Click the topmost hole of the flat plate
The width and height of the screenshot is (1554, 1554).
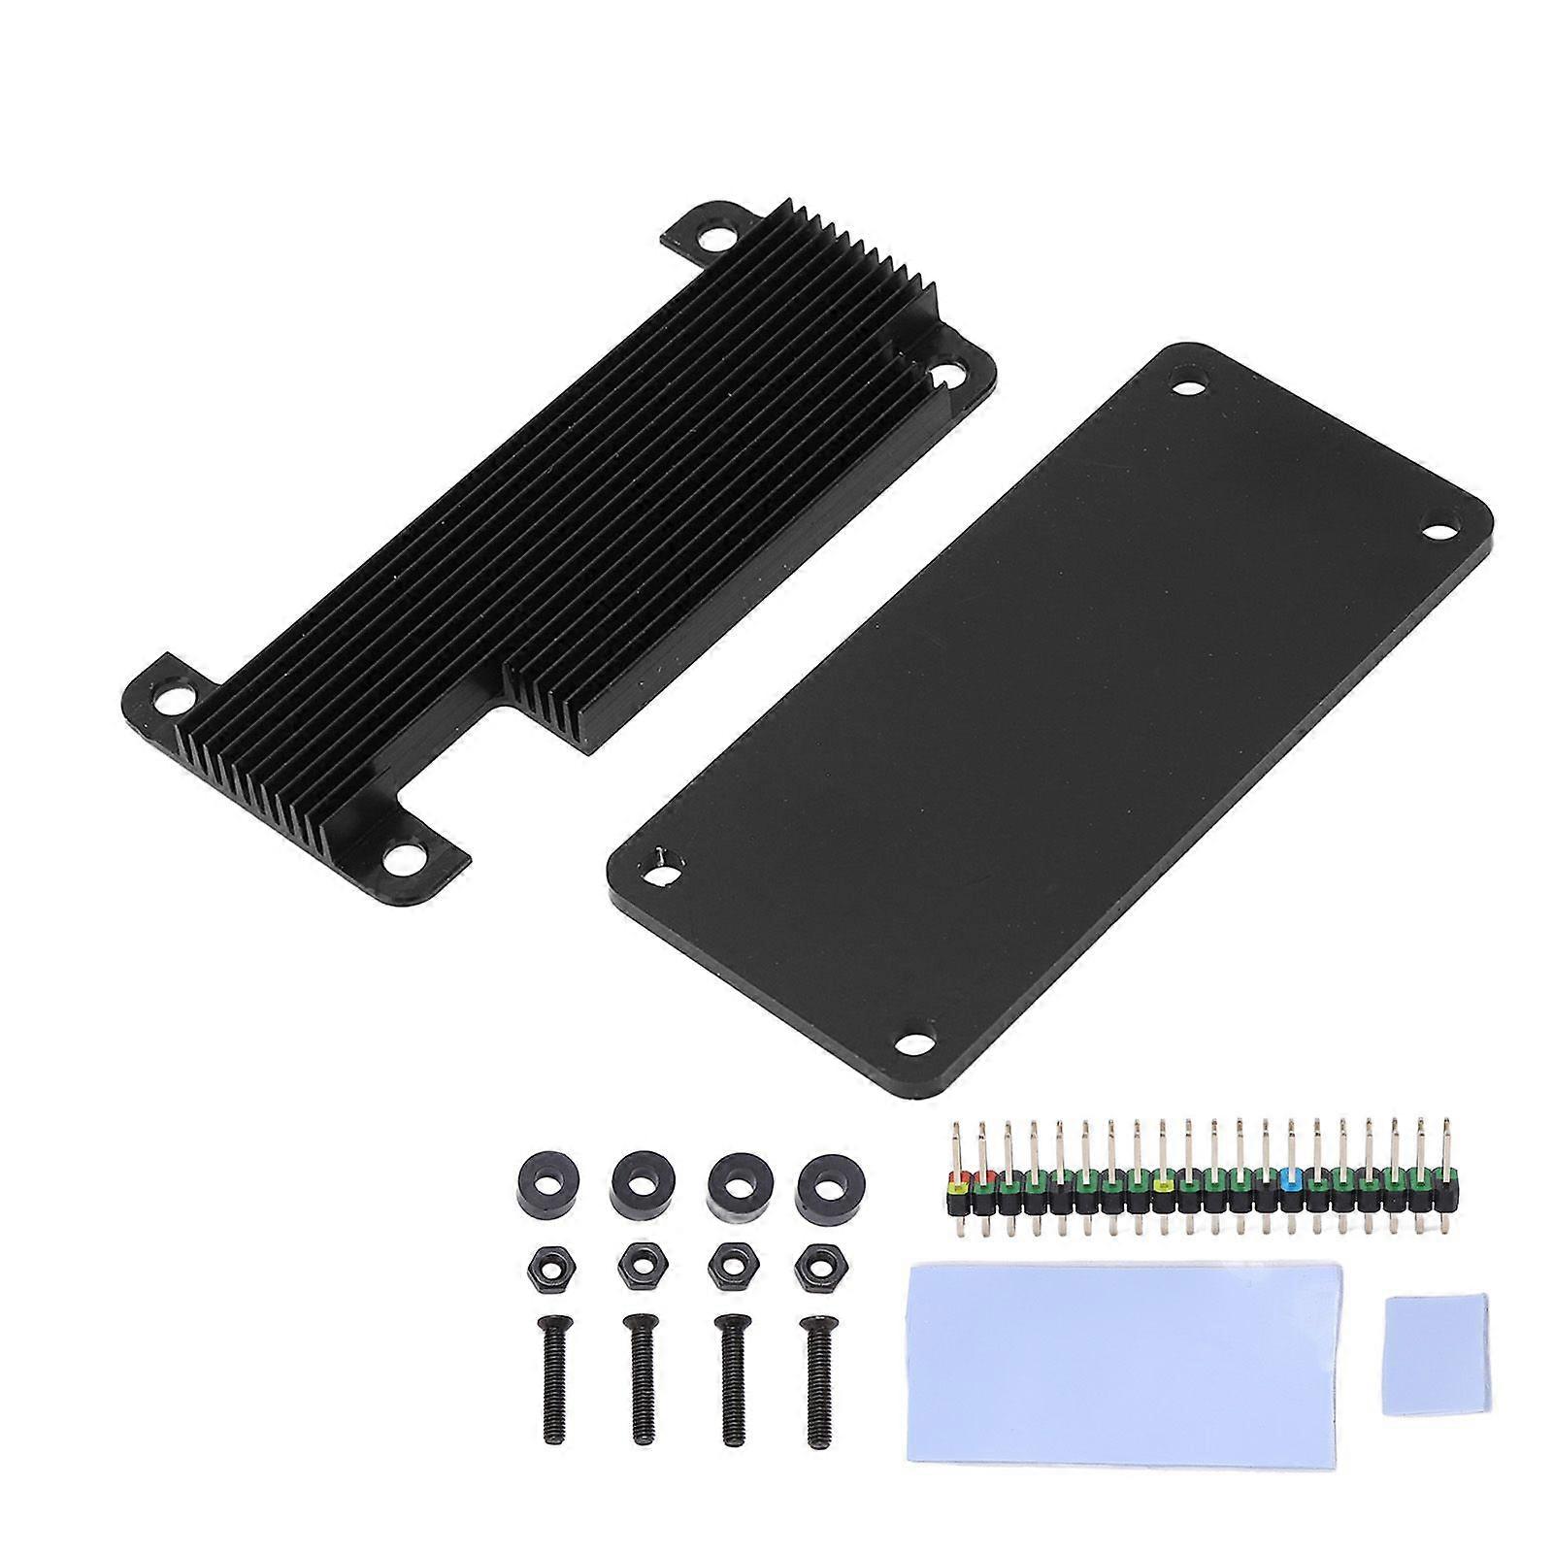pyautogui.click(x=1185, y=381)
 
